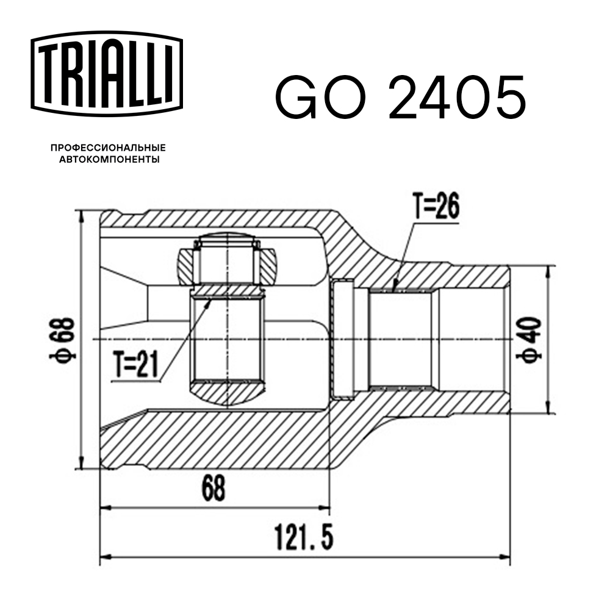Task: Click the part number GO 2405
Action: [400, 98]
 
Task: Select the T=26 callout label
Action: [434, 207]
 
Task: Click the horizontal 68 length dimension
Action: [213, 488]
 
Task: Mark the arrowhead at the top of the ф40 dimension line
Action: [550, 270]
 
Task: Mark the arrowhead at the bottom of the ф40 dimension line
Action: [550, 409]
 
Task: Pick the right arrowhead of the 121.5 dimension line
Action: [506, 556]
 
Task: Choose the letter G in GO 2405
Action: [299, 98]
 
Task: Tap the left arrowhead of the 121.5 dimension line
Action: [104, 556]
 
